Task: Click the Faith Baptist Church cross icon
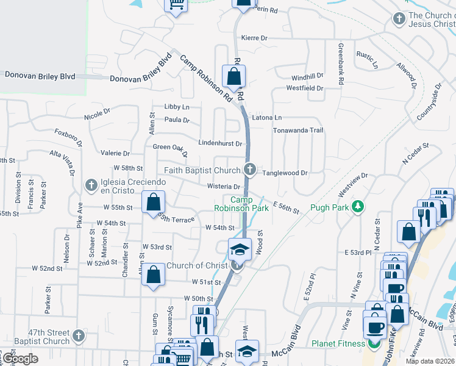click(x=249, y=170)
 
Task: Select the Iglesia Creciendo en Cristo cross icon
click(x=91, y=184)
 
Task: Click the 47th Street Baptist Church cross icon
click(x=78, y=335)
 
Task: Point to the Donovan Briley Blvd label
click(x=40, y=76)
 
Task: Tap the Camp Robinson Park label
click(x=241, y=204)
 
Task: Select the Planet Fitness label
click(x=339, y=343)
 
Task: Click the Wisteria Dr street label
click(x=225, y=187)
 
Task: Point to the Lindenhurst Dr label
click(x=220, y=143)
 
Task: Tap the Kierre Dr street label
click(x=254, y=38)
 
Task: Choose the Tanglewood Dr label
click(x=285, y=173)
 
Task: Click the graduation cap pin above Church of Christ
click(x=240, y=248)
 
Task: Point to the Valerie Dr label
click(x=115, y=154)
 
